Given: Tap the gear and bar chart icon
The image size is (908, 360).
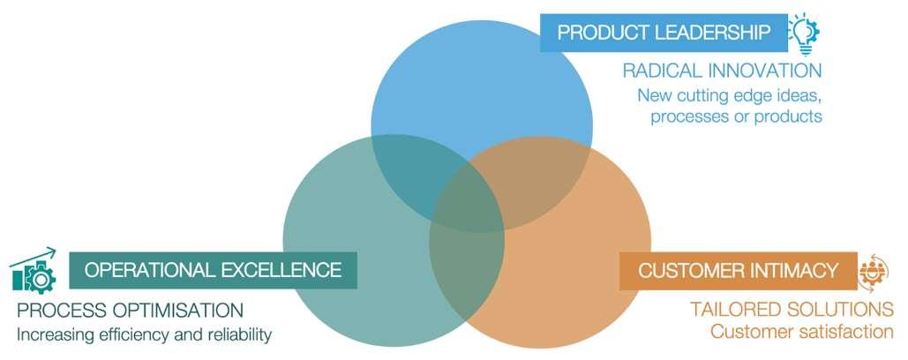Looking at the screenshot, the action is point(34,270).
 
